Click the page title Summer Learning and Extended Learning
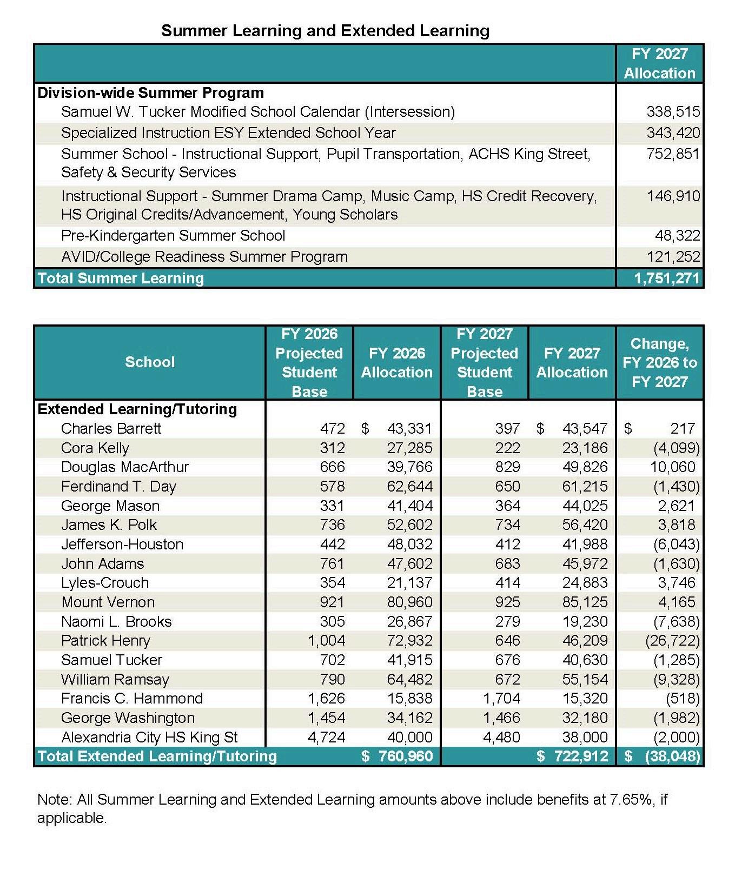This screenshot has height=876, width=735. click(325, 31)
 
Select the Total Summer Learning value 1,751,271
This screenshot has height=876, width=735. click(667, 278)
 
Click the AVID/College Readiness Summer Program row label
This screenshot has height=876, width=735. click(204, 257)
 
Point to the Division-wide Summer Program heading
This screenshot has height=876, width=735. click(150, 93)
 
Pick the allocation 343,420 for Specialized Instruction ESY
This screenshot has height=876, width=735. click(673, 133)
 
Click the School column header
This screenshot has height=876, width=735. click(150, 362)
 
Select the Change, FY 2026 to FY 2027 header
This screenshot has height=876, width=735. click(659, 362)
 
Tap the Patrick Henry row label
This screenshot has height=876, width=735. click(105, 641)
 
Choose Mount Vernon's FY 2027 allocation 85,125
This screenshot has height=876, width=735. click(585, 602)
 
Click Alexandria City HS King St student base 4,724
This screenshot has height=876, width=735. click(326, 738)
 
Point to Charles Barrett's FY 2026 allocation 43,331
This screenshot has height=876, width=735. click(409, 429)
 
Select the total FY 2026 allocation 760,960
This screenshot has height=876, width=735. click(405, 756)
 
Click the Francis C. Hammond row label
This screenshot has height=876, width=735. click(132, 699)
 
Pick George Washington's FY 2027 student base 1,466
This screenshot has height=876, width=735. click(501, 718)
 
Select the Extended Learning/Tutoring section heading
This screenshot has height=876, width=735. click(137, 409)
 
